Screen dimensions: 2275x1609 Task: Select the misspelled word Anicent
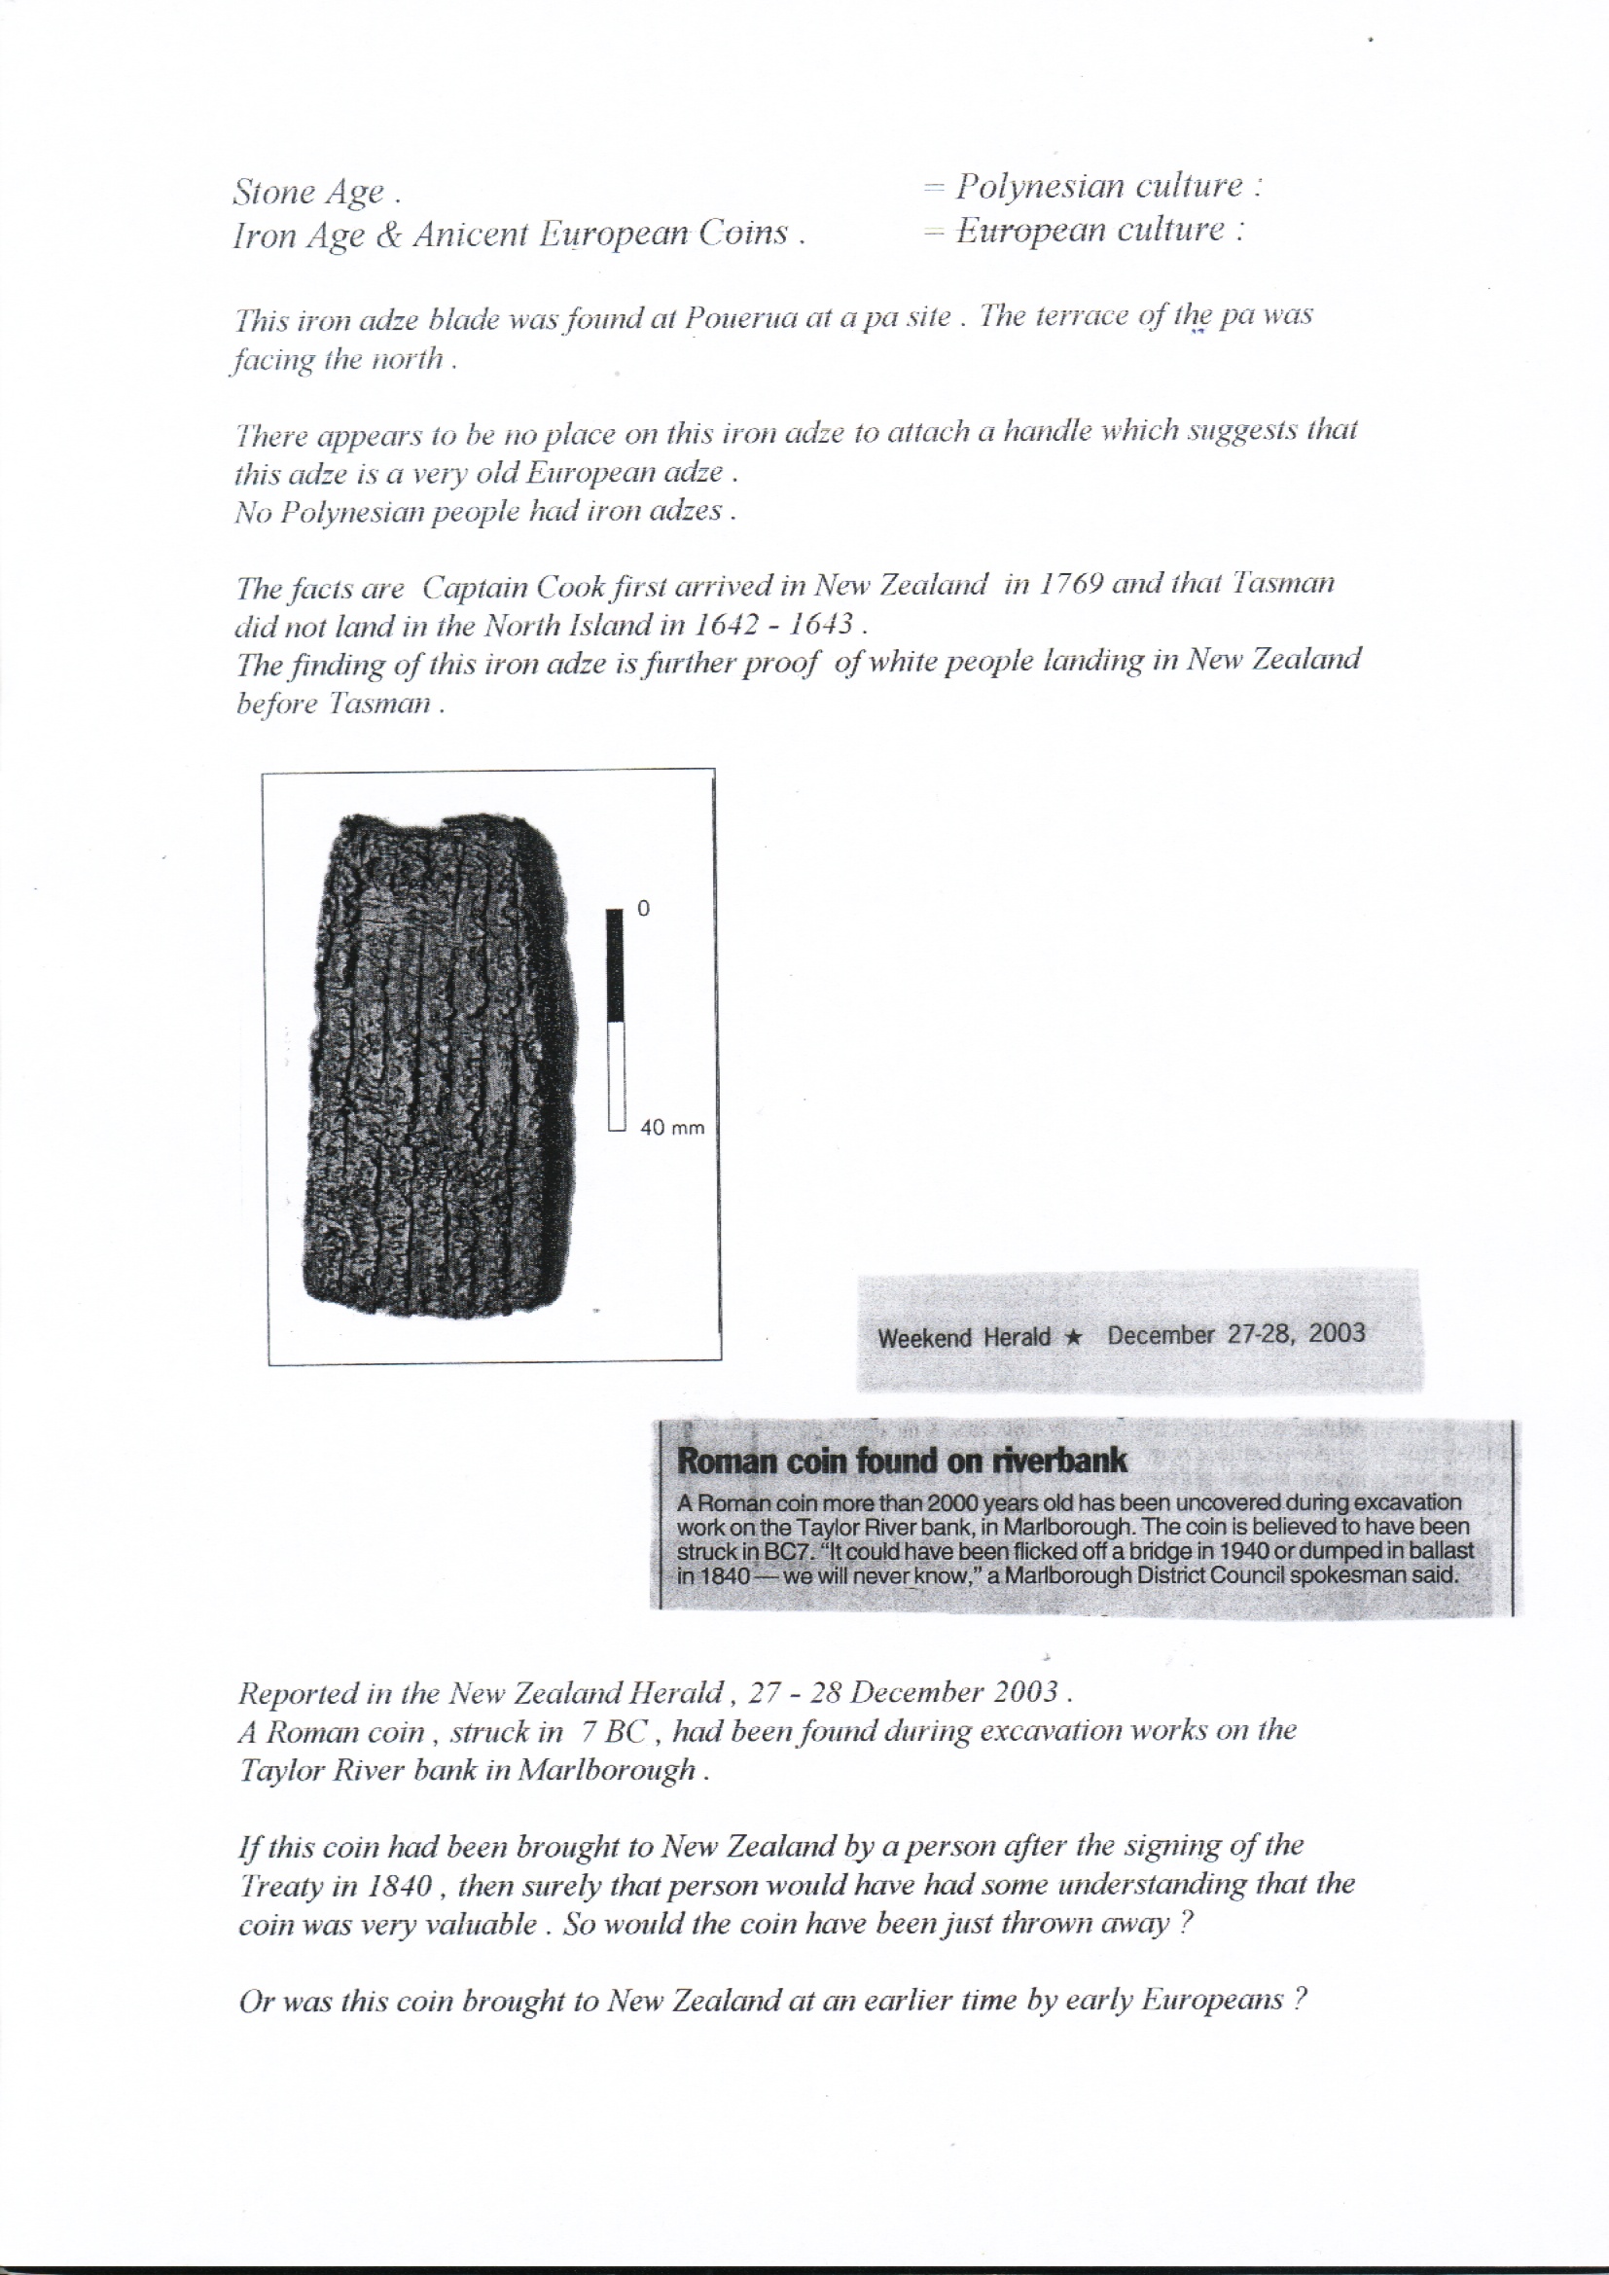coord(476,234)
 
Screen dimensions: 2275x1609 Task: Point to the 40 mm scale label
coord(672,1128)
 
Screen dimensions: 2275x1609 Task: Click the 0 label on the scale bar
coord(643,908)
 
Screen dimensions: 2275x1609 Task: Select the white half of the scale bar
coord(615,1076)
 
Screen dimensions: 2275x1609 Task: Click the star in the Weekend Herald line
coord(1071,1337)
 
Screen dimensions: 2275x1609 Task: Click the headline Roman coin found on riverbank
coord(902,1461)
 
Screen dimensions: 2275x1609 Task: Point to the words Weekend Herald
coord(963,1338)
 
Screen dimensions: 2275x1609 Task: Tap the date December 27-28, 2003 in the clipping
coord(1236,1334)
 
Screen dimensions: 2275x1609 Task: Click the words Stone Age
coord(308,193)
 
